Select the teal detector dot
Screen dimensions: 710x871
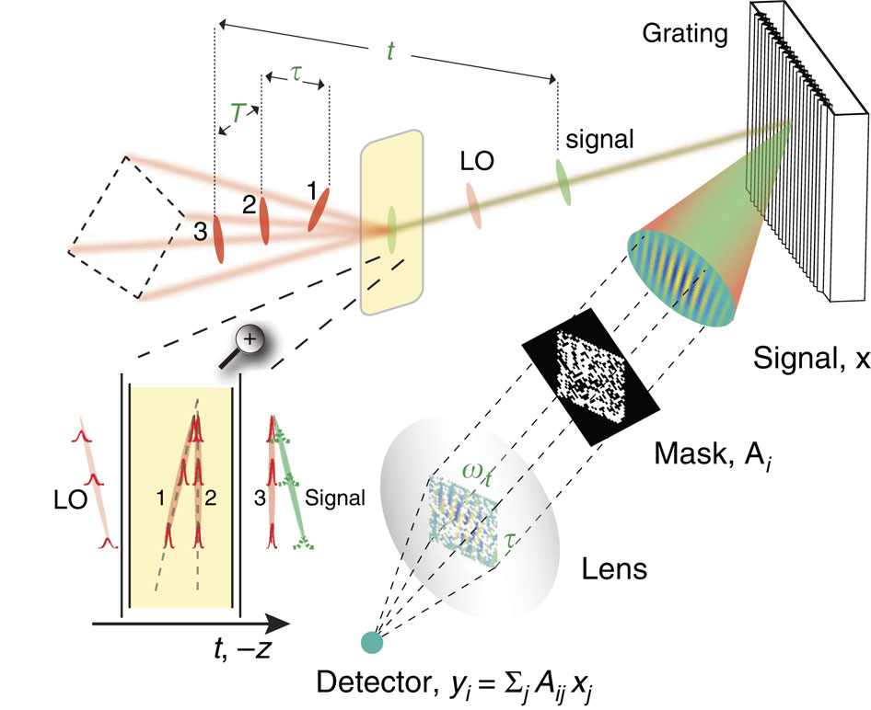pos(372,641)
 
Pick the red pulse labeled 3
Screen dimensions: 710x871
pos(218,238)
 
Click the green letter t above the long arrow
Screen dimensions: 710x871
pos(390,52)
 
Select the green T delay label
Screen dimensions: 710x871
pos(238,113)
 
